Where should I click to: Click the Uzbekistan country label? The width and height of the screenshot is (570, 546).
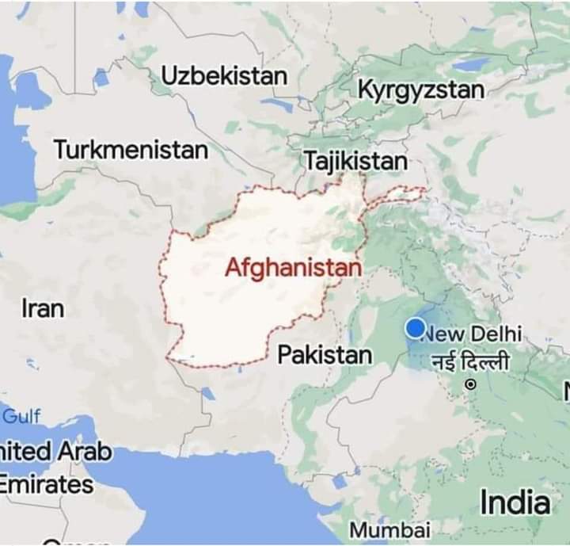coord(224,76)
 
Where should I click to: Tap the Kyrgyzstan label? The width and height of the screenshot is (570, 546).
coord(420,90)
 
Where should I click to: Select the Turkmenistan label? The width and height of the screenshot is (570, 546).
coord(131,149)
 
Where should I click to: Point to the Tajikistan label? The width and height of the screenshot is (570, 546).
coord(355,161)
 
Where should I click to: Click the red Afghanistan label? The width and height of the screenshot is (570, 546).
coord(293,269)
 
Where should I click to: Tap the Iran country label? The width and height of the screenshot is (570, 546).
coord(43,308)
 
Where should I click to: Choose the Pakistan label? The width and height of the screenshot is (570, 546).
coord(325,355)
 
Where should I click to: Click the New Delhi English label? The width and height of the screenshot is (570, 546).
coord(473,333)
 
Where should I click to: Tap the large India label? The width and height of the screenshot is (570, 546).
coord(515,502)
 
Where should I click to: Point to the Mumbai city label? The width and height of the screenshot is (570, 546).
coord(389,529)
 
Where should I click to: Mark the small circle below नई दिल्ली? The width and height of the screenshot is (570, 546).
coord(470,384)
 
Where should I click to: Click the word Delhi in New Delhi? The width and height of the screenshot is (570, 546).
coord(496,333)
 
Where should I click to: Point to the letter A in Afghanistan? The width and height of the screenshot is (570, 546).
coord(234,269)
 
